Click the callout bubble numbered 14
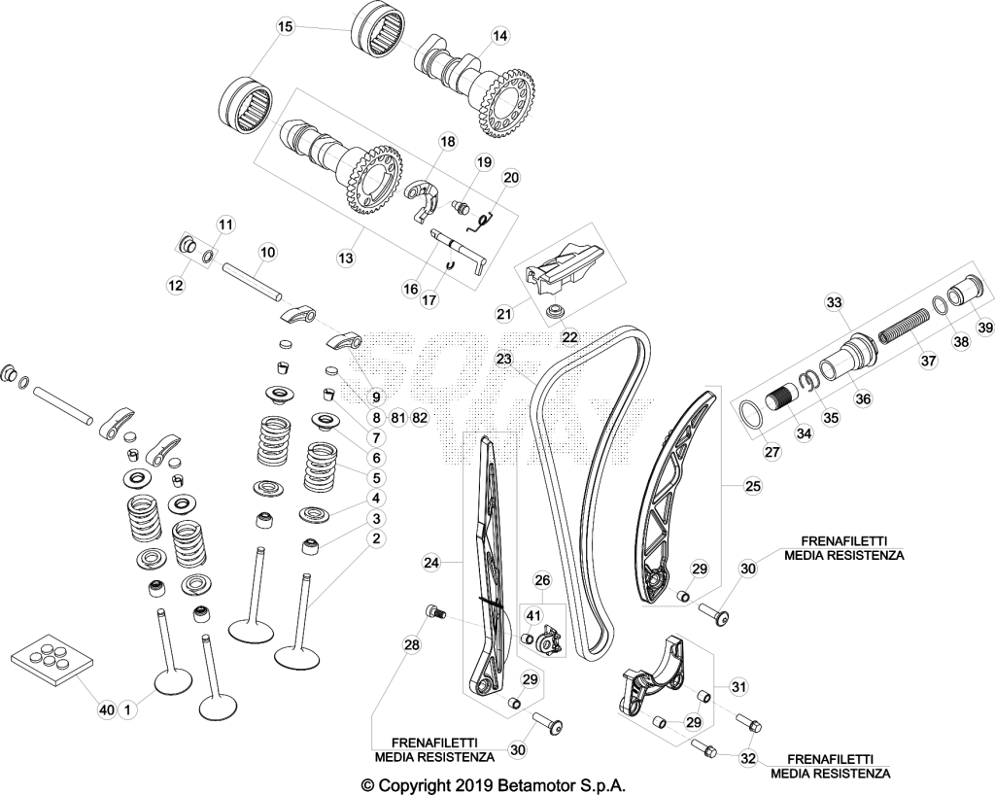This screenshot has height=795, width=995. point(500,36)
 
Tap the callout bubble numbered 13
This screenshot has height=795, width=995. point(346,259)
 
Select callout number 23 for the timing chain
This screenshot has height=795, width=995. point(504,360)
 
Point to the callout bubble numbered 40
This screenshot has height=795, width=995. point(106,709)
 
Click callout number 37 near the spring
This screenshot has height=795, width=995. point(928,361)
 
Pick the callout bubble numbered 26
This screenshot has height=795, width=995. point(542,580)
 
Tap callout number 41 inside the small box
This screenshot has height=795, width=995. point(533,615)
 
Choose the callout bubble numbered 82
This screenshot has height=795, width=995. point(420,418)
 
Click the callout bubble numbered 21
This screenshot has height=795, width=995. point(504,313)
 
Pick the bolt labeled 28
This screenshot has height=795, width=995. point(435,611)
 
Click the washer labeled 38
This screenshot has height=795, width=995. point(941,304)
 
